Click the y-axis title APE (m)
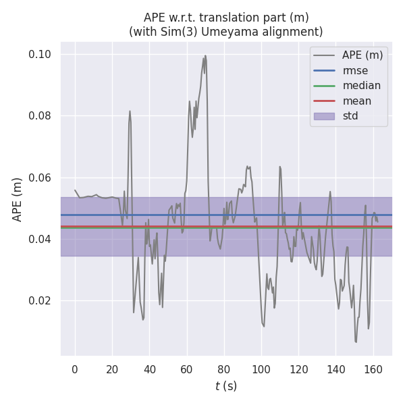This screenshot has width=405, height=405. point(18,199)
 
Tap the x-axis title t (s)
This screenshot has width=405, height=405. point(226,387)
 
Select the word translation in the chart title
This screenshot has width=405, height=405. point(238,17)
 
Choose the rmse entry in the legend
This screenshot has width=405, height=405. point(356,70)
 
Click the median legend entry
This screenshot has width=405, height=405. point(361,86)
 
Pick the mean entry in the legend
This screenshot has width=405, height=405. point(356,101)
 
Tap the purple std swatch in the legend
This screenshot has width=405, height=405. point(324,116)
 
